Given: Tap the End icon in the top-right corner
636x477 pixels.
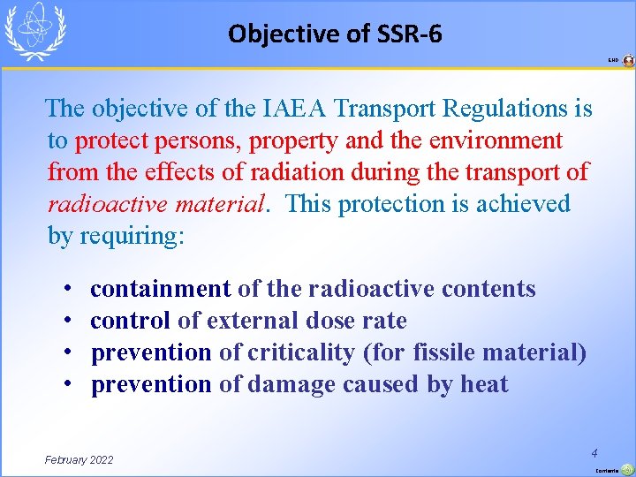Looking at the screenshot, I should point(628,61).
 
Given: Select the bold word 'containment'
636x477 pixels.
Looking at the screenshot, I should point(161,289).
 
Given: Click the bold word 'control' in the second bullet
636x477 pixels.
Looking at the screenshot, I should point(130,321).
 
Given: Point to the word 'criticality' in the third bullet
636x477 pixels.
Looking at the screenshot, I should point(300,352).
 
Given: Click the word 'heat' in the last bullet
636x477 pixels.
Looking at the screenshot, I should point(484,384).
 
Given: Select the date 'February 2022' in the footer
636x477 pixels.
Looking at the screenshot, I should point(79,459).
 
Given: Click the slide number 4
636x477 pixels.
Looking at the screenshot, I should point(596,451).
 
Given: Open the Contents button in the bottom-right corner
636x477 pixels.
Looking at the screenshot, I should point(625,469).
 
